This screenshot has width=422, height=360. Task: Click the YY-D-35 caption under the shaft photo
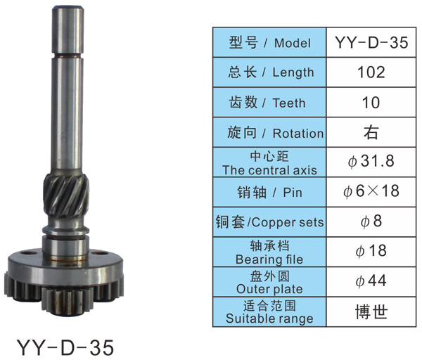(65, 347)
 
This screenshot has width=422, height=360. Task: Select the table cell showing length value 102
(371, 72)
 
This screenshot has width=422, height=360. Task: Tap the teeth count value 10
(371, 103)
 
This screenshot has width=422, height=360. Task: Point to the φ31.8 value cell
(371, 162)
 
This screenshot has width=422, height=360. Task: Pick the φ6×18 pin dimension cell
(371, 192)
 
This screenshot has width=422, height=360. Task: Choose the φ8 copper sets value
(371, 221)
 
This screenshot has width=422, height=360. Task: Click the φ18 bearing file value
(371, 251)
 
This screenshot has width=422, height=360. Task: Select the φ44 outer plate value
(371, 281)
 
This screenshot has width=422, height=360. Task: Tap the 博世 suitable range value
(371, 312)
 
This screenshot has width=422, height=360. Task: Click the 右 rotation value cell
(371, 132)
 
